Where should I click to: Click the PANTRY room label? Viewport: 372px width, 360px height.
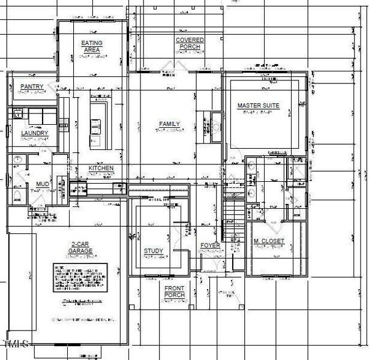click(x=32, y=87)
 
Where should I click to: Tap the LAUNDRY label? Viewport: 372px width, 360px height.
click(x=34, y=133)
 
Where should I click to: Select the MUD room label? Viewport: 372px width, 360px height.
click(x=42, y=184)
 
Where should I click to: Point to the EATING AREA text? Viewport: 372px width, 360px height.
click(x=92, y=46)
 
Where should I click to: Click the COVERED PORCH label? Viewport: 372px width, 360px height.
click(x=190, y=44)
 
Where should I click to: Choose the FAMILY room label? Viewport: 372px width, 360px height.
click(x=170, y=124)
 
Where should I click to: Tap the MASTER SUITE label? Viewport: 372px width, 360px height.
click(x=259, y=106)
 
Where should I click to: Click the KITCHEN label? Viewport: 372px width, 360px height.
click(x=101, y=169)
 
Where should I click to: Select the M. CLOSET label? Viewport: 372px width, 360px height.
click(x=269, y=241)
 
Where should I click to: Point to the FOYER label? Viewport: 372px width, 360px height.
click(x=210, y=246)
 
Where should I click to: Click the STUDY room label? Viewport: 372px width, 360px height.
click(x=154, y=251)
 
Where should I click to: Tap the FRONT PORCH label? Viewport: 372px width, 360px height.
click(x=175, y=292)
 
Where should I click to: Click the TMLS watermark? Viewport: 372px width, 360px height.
click(x=17, y=344)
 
